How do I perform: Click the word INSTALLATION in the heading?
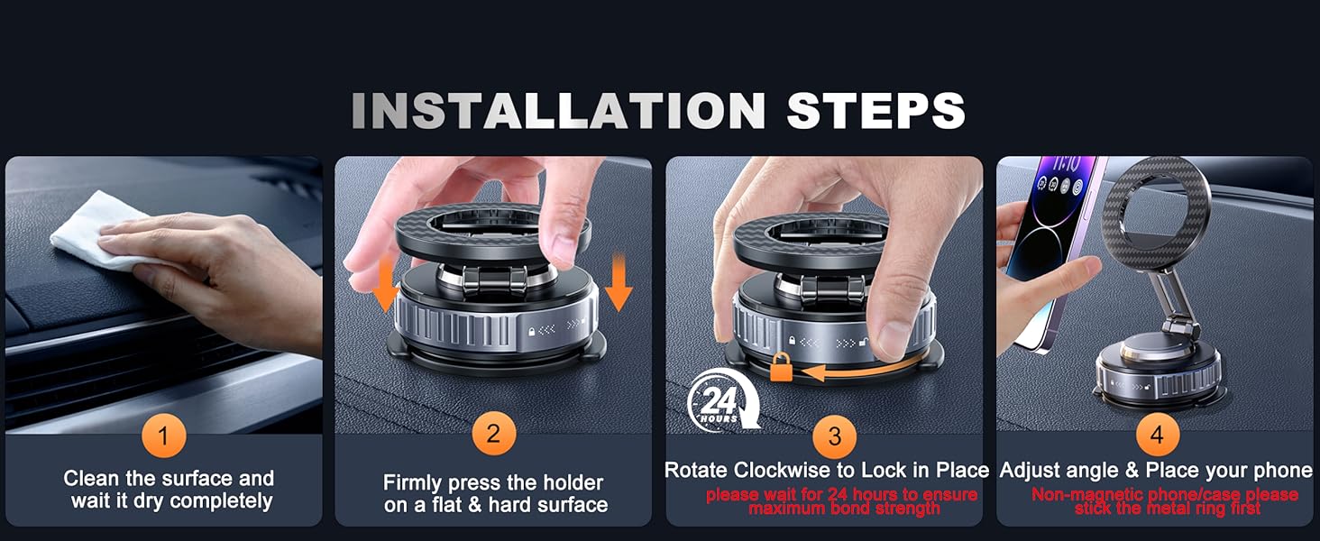tap(558, 111)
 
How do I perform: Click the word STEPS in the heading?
tap(875, 111)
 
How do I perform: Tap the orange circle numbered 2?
tap(493, 435)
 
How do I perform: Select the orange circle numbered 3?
tap(834, 437)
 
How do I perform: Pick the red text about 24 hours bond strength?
tap(841, 501)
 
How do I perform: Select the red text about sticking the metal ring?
tap(1165, 501)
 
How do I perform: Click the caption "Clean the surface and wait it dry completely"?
tap(170, 490)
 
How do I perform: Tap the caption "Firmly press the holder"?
tap(493, 483)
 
